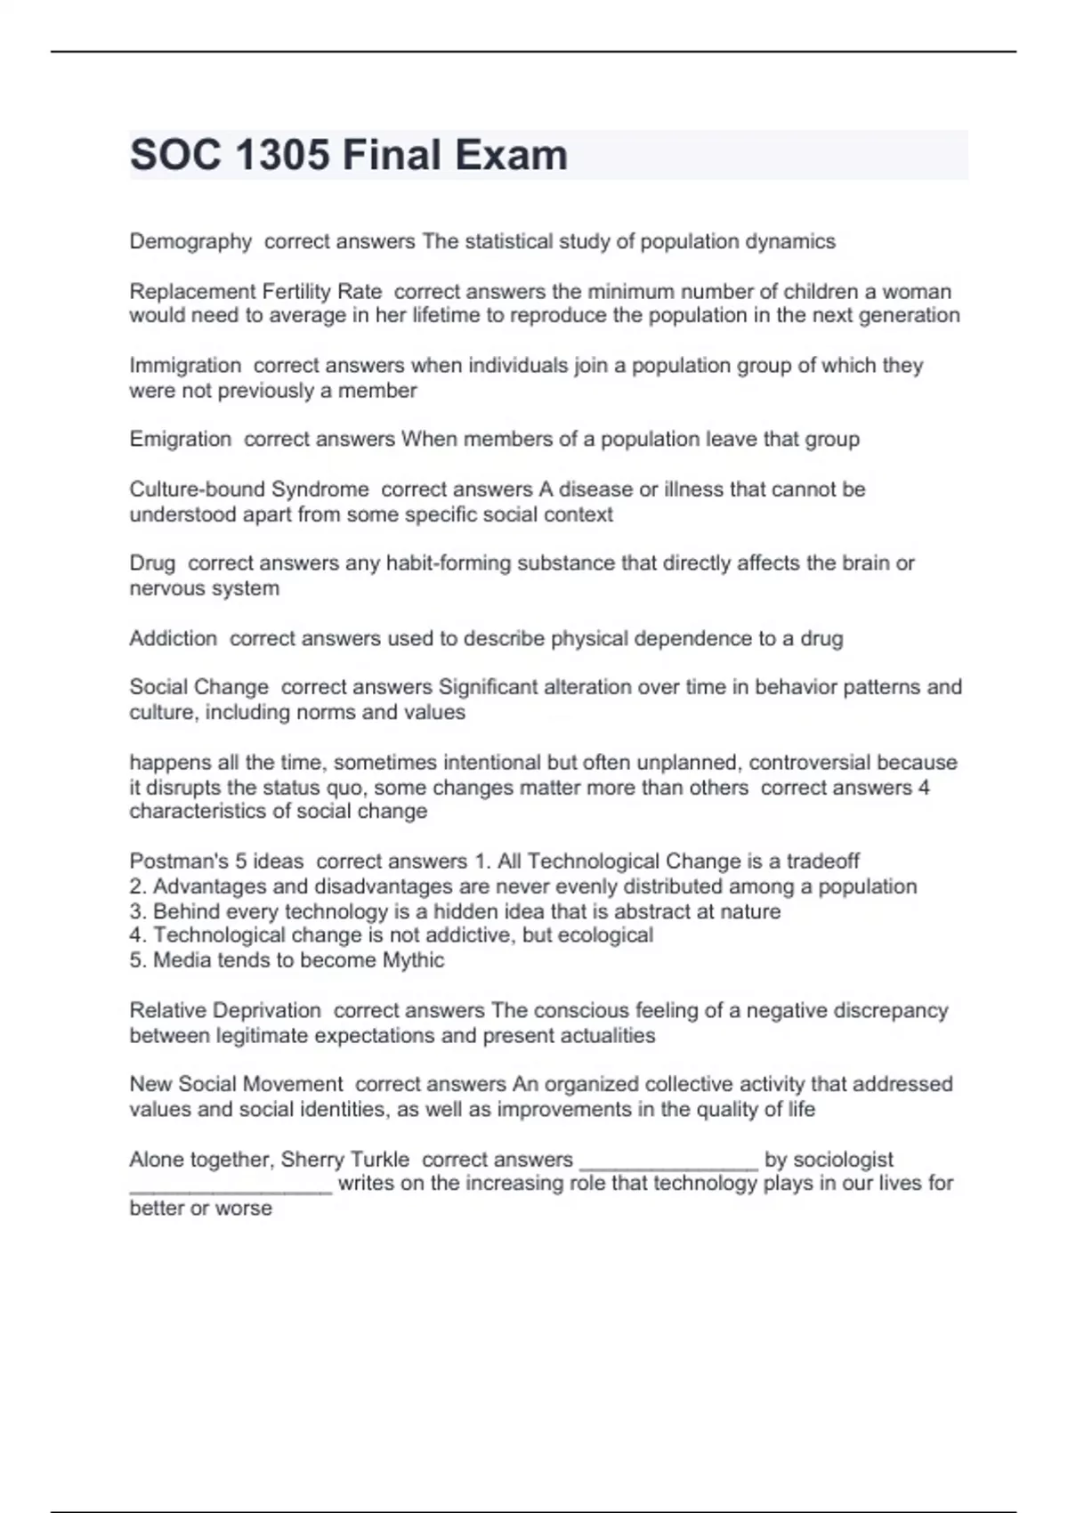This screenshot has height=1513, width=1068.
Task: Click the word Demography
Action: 190,241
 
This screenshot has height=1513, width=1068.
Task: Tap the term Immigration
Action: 185,365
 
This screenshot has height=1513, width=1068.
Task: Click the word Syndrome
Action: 320,489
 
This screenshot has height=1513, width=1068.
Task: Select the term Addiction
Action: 173,638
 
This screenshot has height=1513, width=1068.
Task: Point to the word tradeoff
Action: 822,861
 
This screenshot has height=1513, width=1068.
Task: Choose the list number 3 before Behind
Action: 136,911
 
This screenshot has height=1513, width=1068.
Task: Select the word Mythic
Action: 413,959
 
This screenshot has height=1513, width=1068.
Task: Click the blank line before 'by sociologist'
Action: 668,1162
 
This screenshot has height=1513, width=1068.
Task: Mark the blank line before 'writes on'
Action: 231,1187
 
